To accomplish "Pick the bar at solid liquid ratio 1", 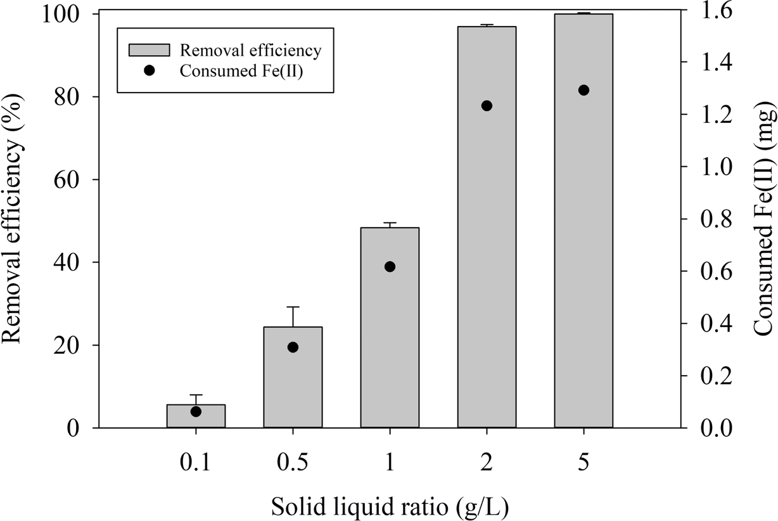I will coord(390,355).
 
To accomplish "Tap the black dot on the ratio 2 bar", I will coord(487,106).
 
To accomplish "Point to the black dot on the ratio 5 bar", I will coord(583,90).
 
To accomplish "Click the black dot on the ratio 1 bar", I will coord(390,267).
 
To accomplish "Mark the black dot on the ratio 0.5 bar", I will coord(293,347).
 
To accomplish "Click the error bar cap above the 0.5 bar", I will coord(293,307).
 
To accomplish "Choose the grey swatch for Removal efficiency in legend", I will coord(150,50).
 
